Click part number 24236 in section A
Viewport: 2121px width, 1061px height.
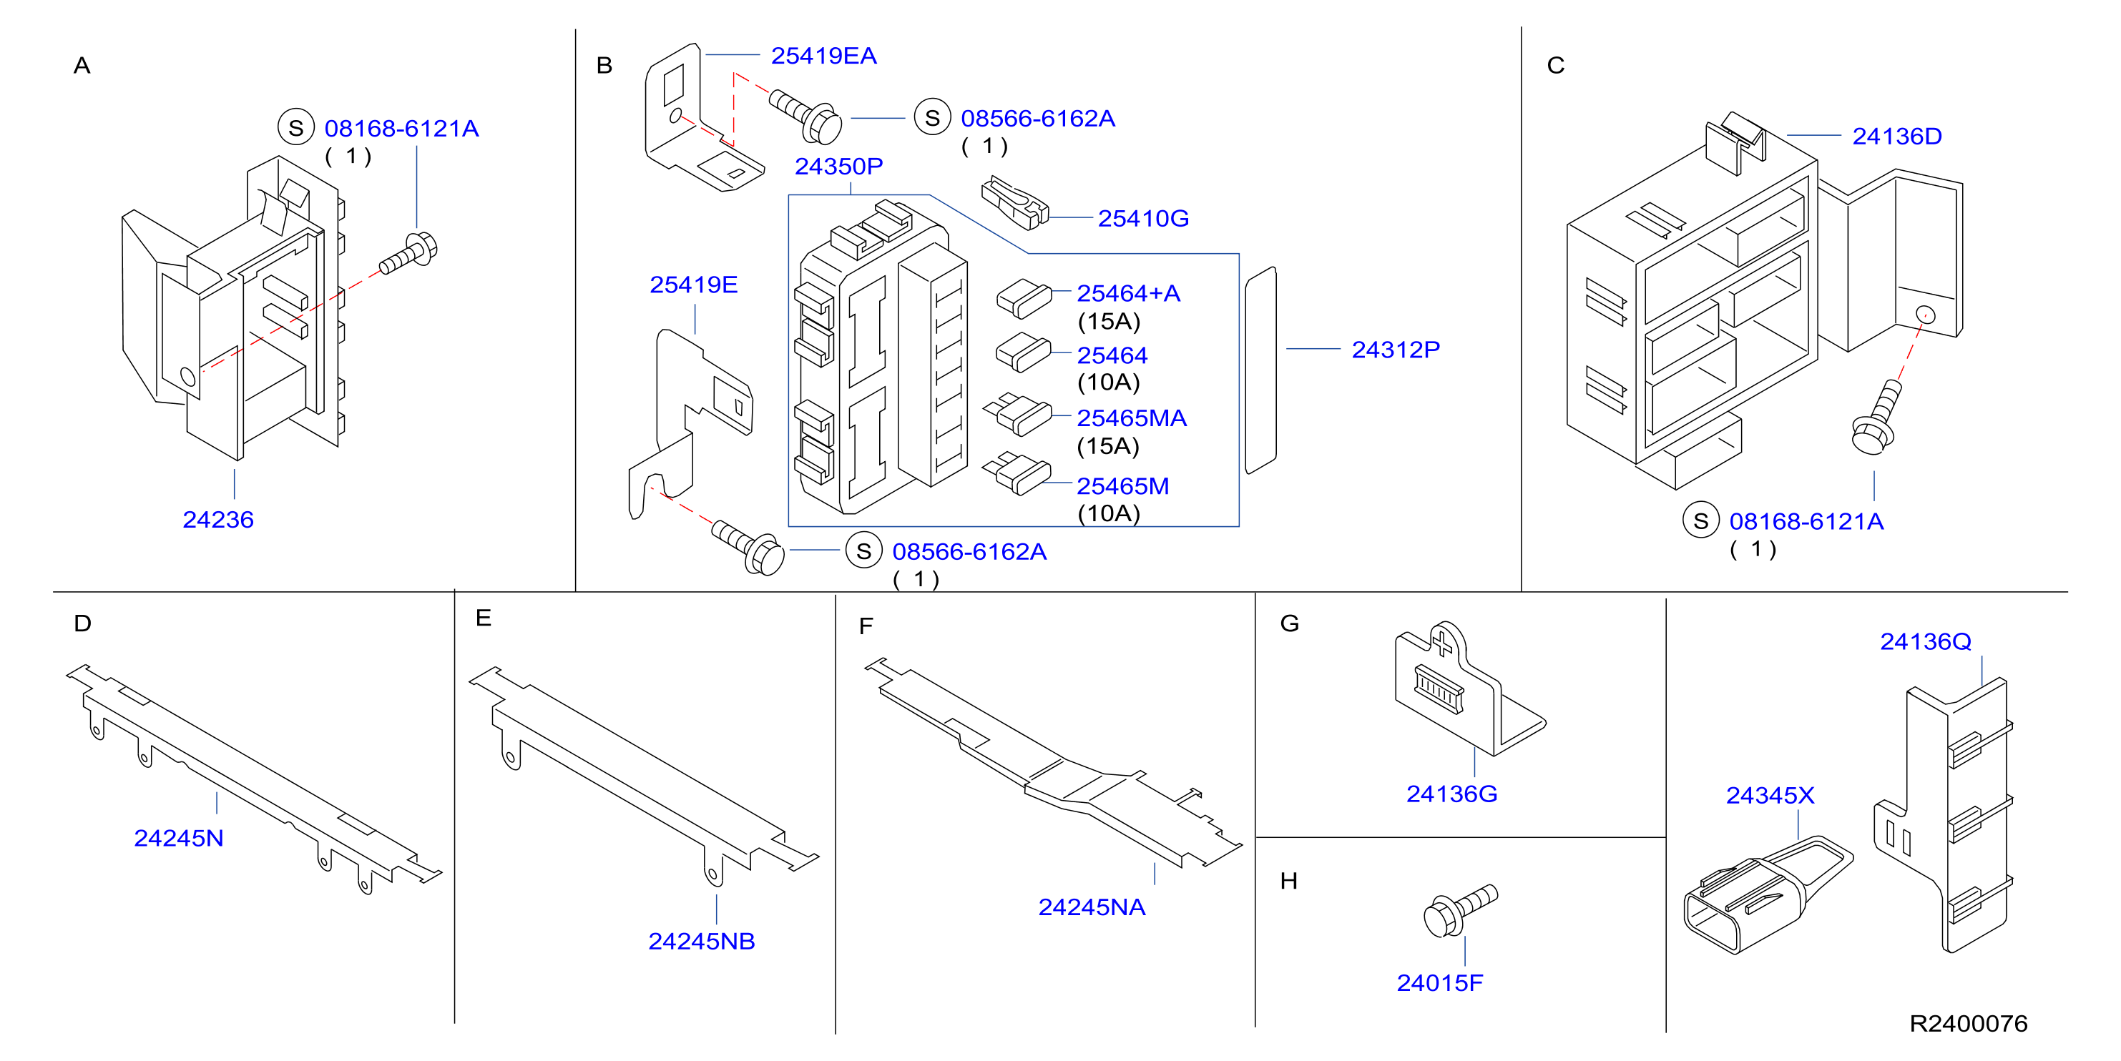(x=218, y=519)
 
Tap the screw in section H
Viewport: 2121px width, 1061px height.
(x=1460, y=909)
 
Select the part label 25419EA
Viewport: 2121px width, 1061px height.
(x=823, y=55)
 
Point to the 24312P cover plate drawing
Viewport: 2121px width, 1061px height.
(x=1260, y=370)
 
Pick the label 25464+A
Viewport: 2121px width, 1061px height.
(x=1128, y=293)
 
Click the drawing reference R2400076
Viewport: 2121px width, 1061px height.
(x=1968, y=1023)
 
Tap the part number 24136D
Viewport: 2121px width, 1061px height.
(x=1897, y=136)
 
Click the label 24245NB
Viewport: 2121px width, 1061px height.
(x=702, y=941)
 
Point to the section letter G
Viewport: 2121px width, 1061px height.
(x=1289, y=623)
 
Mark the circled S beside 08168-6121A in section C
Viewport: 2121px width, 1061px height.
(x=1701, y=520)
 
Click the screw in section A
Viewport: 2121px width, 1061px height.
(x=408, y=254)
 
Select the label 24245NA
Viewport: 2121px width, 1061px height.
(x=1092, y=907)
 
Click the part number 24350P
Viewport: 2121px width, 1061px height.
(x=838, y=167)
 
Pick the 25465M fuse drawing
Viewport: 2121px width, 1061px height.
(x=1018, y=473)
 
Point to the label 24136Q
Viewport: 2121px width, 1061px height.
(x=1925, y=641)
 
